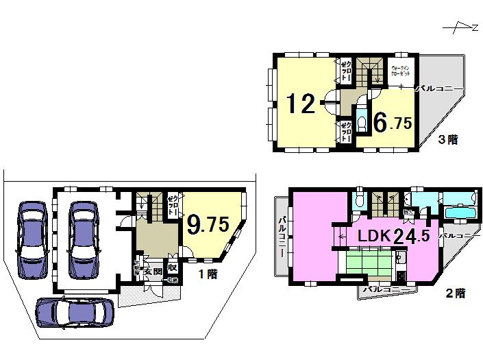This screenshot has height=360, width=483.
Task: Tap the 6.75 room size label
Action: coord(392,122)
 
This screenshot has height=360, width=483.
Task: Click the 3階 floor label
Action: coord(449,140)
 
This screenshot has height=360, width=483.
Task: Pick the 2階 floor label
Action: coord(455,293)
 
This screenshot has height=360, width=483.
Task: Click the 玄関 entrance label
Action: coord(152,272)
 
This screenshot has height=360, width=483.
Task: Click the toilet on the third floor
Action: coord(362,122)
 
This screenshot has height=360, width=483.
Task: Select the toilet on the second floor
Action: coord(360,200)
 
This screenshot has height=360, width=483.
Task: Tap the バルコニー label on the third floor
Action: coord(440,88)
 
